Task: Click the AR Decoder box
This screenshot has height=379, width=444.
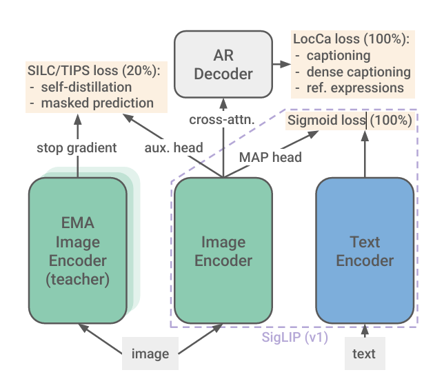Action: coord(223,64)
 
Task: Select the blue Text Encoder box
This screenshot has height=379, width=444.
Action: coord(365,251)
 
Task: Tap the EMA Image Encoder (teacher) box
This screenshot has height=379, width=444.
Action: coord(78,251)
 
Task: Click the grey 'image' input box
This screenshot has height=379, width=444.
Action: coord(150,354)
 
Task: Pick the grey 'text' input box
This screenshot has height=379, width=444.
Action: coord(365,354)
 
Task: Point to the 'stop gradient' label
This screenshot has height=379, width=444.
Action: coord(77,147)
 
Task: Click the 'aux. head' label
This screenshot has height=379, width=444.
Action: coord(174,147)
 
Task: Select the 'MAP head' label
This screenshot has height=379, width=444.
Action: coord(270,157)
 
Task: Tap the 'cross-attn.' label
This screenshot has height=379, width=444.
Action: coord(222,120)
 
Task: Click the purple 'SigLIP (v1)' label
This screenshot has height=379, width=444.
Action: coord(295,337)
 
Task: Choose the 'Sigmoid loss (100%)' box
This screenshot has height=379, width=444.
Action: coord(350,121)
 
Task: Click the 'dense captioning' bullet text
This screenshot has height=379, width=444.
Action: coord(359,72)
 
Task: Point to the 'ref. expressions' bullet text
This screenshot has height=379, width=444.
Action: coord(355,88)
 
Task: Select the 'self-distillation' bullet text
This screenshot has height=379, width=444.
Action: coord(86,88)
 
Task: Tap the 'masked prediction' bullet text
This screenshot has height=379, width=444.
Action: coord(97,103)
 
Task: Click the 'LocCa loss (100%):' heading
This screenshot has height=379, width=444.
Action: coord(352,39)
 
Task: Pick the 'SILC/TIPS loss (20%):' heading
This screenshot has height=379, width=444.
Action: coord(94,70)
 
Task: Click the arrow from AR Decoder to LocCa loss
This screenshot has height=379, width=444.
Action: coord(282,64)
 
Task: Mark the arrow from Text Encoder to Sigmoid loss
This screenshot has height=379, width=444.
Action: coord(365,154)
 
